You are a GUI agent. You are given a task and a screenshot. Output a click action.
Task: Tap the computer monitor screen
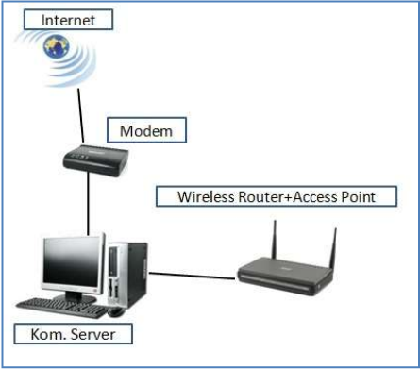click(x=72, y=263)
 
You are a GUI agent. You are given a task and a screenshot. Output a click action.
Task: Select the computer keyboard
click(x=61, y=305)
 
